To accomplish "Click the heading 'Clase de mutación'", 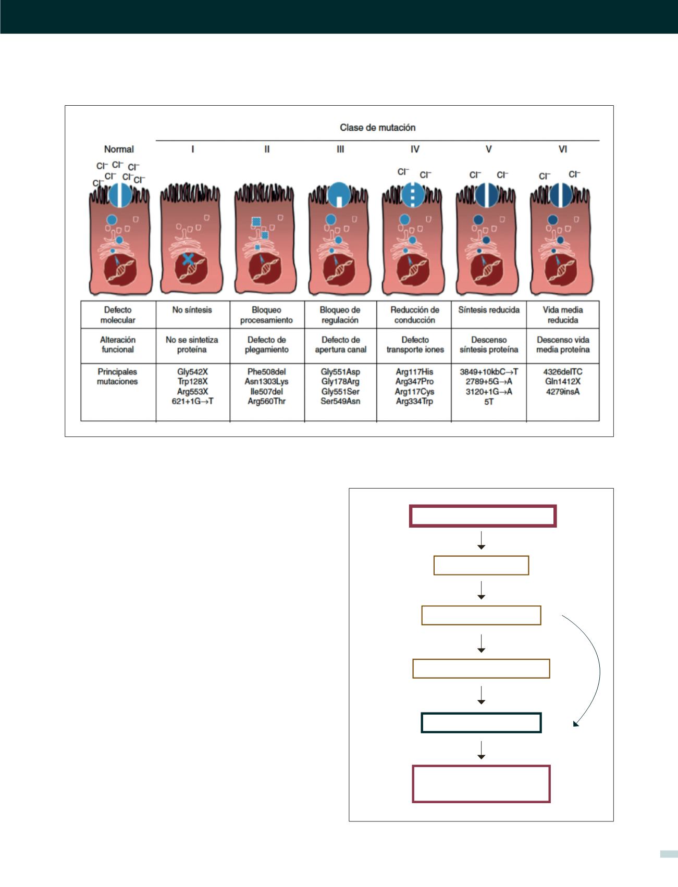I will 377,128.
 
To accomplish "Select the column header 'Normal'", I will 119,149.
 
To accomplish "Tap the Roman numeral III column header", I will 340,149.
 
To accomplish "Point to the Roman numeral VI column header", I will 563,149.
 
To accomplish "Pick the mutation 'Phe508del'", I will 266,372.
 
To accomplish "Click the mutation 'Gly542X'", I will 192,372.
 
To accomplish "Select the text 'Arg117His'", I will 414,372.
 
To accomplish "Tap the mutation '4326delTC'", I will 563,372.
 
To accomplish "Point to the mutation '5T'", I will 488,402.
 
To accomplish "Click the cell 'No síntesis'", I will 192,310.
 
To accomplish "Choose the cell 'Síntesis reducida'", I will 489,310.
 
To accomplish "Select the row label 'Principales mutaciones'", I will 117,377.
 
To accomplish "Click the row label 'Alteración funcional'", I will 118,344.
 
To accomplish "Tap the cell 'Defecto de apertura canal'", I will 340,344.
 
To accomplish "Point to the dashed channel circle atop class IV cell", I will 414,194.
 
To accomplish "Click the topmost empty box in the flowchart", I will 483,516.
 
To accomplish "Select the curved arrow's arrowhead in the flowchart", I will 575,723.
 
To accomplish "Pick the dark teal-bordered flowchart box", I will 481,723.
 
